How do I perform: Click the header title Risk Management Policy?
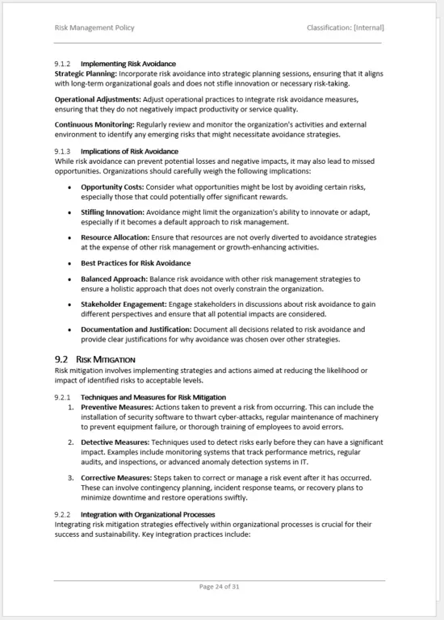point(94,27)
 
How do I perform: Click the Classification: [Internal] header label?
point(345,27)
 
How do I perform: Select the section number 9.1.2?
point(63,64)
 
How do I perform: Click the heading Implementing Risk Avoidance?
point(128,64)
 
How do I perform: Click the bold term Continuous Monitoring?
point(94,125)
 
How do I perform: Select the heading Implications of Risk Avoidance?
point(129,151)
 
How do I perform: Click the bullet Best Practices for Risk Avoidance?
point(136,263)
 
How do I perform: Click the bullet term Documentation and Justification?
point(136,329)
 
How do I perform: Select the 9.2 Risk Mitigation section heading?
point(95,358)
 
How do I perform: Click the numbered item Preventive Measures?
point(118,407)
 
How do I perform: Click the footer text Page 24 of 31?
point(220,587)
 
